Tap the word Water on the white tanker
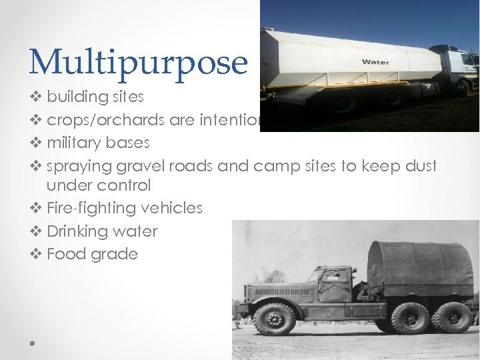click(375, 62)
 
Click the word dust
click(421, 165)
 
